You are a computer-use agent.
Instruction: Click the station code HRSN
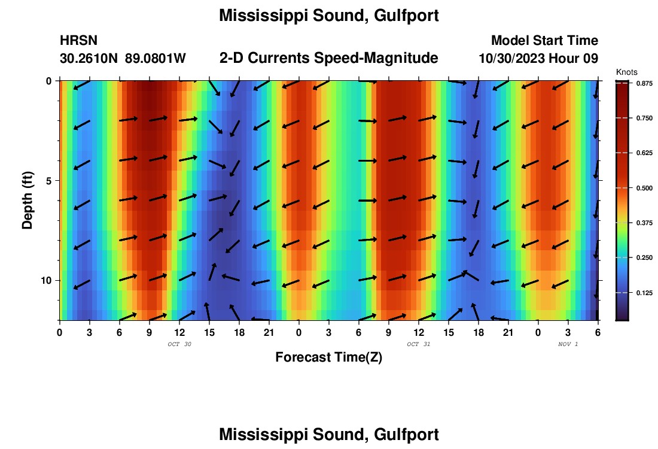[78, 41]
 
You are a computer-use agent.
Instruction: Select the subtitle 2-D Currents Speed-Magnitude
[329, 58]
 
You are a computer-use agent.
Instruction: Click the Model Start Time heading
[544, 41]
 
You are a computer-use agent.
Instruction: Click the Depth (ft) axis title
[28, 198]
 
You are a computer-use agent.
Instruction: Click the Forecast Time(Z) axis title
[328, 357]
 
